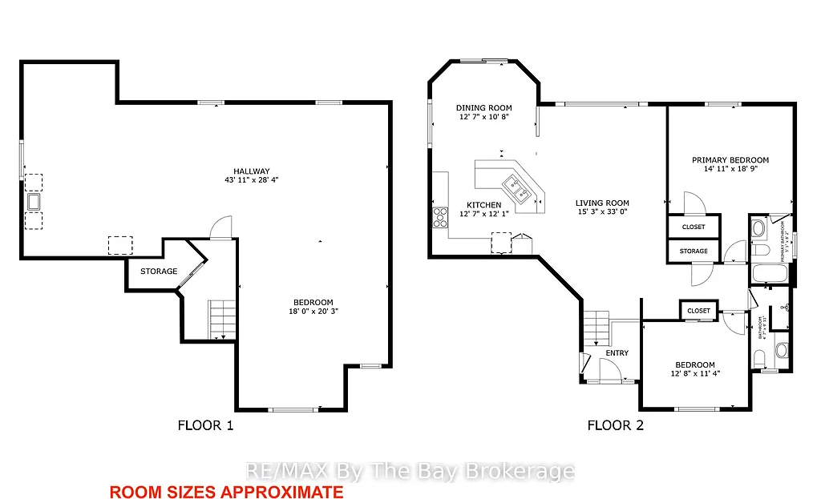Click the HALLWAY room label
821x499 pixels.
pyautogui.click(x=251, y=171)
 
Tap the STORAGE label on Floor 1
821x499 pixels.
pyautogui.click(x=159, y=272)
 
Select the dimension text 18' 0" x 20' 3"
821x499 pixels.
pyautogui.click(x=311, y=312)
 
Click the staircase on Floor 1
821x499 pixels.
pyautogui.click(x=222, y=318)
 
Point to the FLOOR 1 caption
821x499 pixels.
pyautogui.click(x=205, y=425)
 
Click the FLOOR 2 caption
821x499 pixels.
pyautogui.click(x=615, y=425)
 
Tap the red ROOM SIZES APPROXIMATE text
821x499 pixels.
pyautogui.click(x=226, y=492)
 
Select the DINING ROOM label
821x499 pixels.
pyautogui.click(x=483, y=108)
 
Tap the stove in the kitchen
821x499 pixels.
pyautogui.click(x=439, y=216)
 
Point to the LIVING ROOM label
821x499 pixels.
pyautogui.click(x=602, y=203)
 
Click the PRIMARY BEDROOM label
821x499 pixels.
pyautogui.click(x=730, y=160)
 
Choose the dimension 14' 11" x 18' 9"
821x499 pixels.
pyautogui.click(x=730, y=170)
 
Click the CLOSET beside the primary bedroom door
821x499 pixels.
pyautogui.click(x=694, y=227)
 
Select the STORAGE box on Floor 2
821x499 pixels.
pyautogui.click(x=694, y=251)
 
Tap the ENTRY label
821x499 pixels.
pyautogui.click(x=617, y=353)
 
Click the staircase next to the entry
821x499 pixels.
pyautogui.click(x=597, y=328)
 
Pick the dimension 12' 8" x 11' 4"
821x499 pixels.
pyautogui.click(x=698, y=373)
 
